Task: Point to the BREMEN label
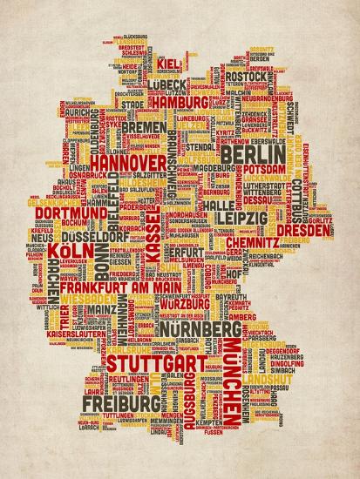click(x=143, y=127)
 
